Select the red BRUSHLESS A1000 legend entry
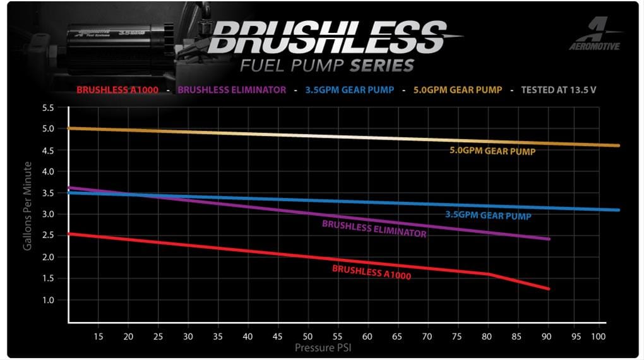tap(117, 90)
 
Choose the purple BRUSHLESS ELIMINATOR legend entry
tap(232, 90)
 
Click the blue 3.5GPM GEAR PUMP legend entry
tap(349, 90)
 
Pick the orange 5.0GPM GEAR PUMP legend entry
tap(458, 90)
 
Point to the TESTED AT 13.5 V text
tap(559, 90)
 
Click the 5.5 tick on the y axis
tap(49, 107)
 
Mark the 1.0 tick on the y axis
tap(49, 300)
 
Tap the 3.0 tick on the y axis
tap(49, 214)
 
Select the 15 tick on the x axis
tap(98, 337)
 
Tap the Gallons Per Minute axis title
tap(28, 206)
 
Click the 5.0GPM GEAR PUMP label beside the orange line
tap(492, 152)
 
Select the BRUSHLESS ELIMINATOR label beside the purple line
tap(374, 229)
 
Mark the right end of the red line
tap(549, 289)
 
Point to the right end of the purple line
tap(549, 239)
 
